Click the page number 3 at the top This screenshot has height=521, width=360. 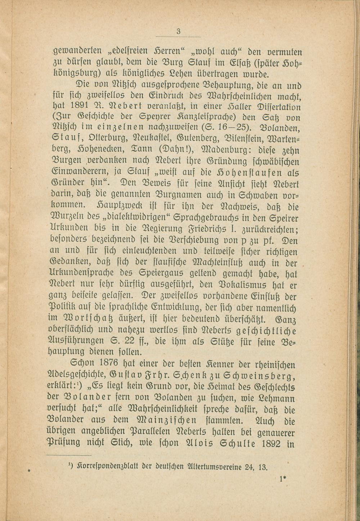click(x=178, y=32)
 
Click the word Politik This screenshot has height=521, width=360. click(x=63, y=308)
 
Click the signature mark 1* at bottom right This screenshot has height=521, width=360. click(x=282, y=479)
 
